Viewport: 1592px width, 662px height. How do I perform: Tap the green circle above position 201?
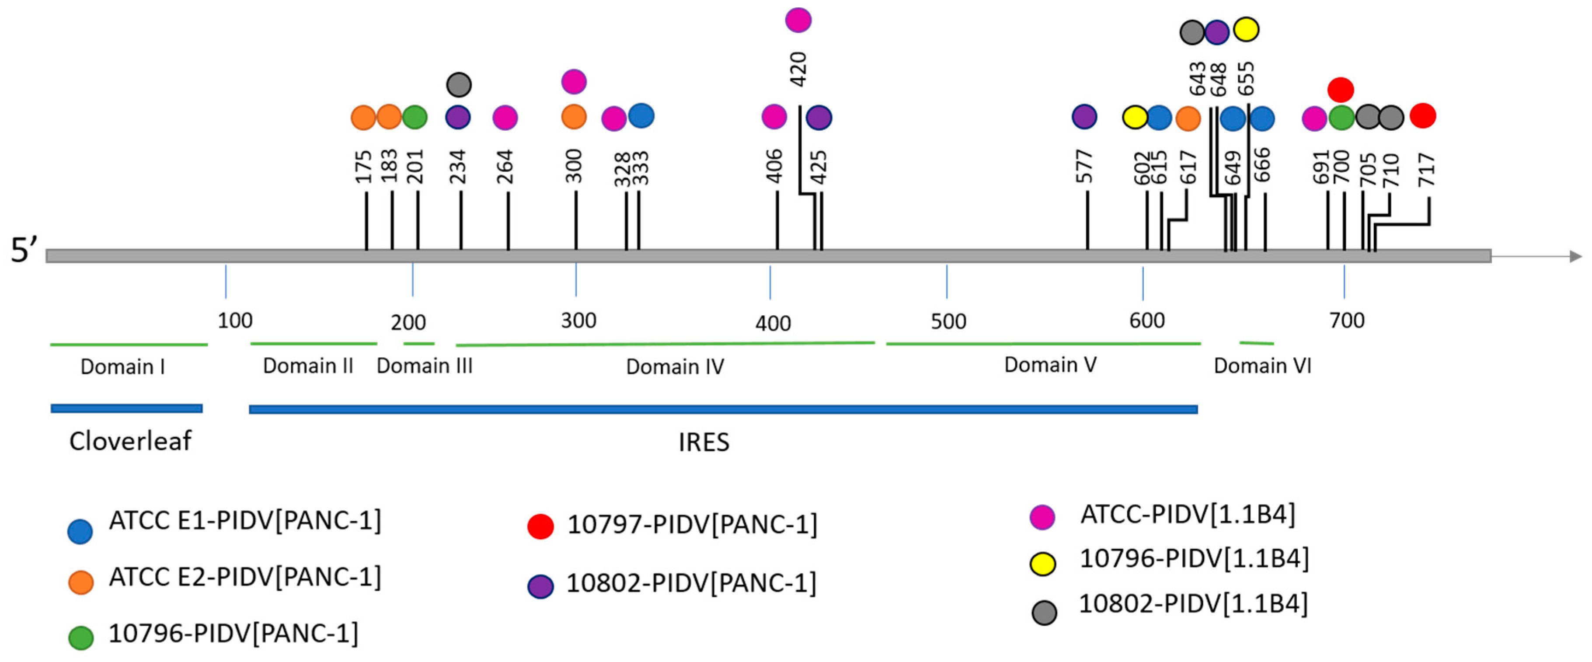(x=415, y=117)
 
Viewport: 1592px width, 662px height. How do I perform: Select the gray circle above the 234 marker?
(x=459, y=84)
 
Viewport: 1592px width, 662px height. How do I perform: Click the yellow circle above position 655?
(x=1246, y=29)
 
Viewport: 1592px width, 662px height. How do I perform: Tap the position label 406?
(x=774, y=166)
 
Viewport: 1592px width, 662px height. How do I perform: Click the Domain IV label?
(x=675, y=366)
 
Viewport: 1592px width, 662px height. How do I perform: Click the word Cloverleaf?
(x=130, y=441)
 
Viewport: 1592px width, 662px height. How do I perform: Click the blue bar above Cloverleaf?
(x=127, y=408)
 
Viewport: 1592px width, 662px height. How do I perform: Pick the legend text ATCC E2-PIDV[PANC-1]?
(x=245, y=577)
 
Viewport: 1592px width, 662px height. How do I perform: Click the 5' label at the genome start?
(x=24, y=251)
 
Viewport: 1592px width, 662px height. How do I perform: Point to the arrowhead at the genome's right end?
(x=1575, y=256)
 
